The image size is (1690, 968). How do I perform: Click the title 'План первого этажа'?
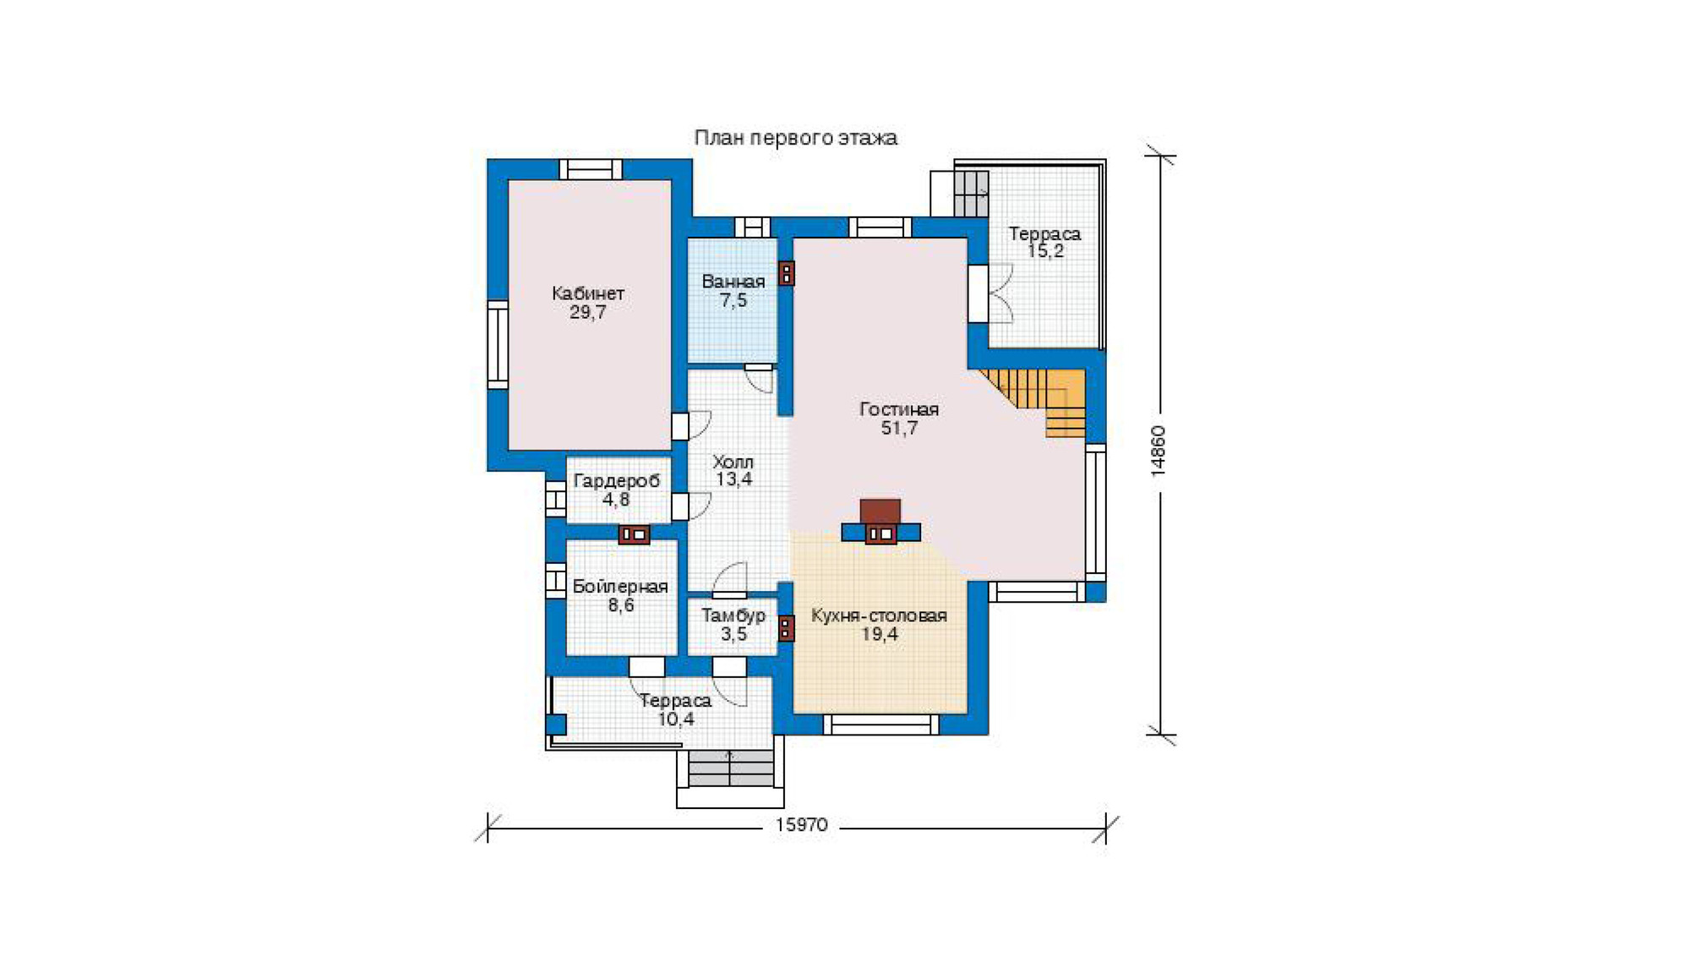click(x=795, y=138)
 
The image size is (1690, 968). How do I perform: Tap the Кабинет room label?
click(x=588, y=293)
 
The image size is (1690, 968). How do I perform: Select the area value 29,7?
click(x=588, y=313)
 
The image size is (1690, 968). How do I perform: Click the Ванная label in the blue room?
click(x=733, y=282)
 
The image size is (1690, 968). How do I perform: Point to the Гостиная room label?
click(x=899, y=409)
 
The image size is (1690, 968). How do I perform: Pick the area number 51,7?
click(x=899, y=429)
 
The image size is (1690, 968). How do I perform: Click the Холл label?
click(x=733, y=462)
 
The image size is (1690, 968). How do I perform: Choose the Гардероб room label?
click(x=616, y=481)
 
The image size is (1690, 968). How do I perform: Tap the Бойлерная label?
click(x=620, y=586)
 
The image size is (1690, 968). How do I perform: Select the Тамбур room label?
click(x=733, y=615)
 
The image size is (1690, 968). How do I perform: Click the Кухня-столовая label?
click(x=879, y=615)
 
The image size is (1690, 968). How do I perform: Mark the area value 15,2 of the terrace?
click(x=1045, y=251)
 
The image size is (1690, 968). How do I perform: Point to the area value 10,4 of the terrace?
click(x=676, y=719)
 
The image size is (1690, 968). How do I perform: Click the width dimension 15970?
click(x=801, y=825)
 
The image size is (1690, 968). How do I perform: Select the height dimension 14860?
click(x=1158, y=451)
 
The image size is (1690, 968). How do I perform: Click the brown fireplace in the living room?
click(x=880, y=512)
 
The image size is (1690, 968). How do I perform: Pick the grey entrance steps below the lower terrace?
click(x=731, y=768)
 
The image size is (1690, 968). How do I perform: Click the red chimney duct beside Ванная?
click(x=786, y=273)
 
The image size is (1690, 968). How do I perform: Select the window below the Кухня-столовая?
click(x=880, y=725)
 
